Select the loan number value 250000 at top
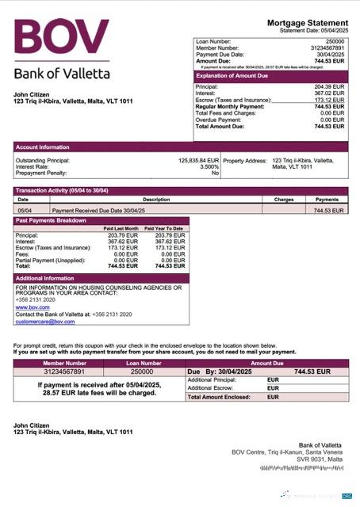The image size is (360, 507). point(335,40)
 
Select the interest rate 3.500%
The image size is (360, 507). point(209,166)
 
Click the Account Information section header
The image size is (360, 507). point(43,147)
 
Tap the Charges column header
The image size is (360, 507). point(284,200)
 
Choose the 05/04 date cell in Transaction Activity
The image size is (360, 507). point(24,211)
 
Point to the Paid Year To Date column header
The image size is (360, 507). point(166,228)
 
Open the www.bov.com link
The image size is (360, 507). point(28,307)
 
